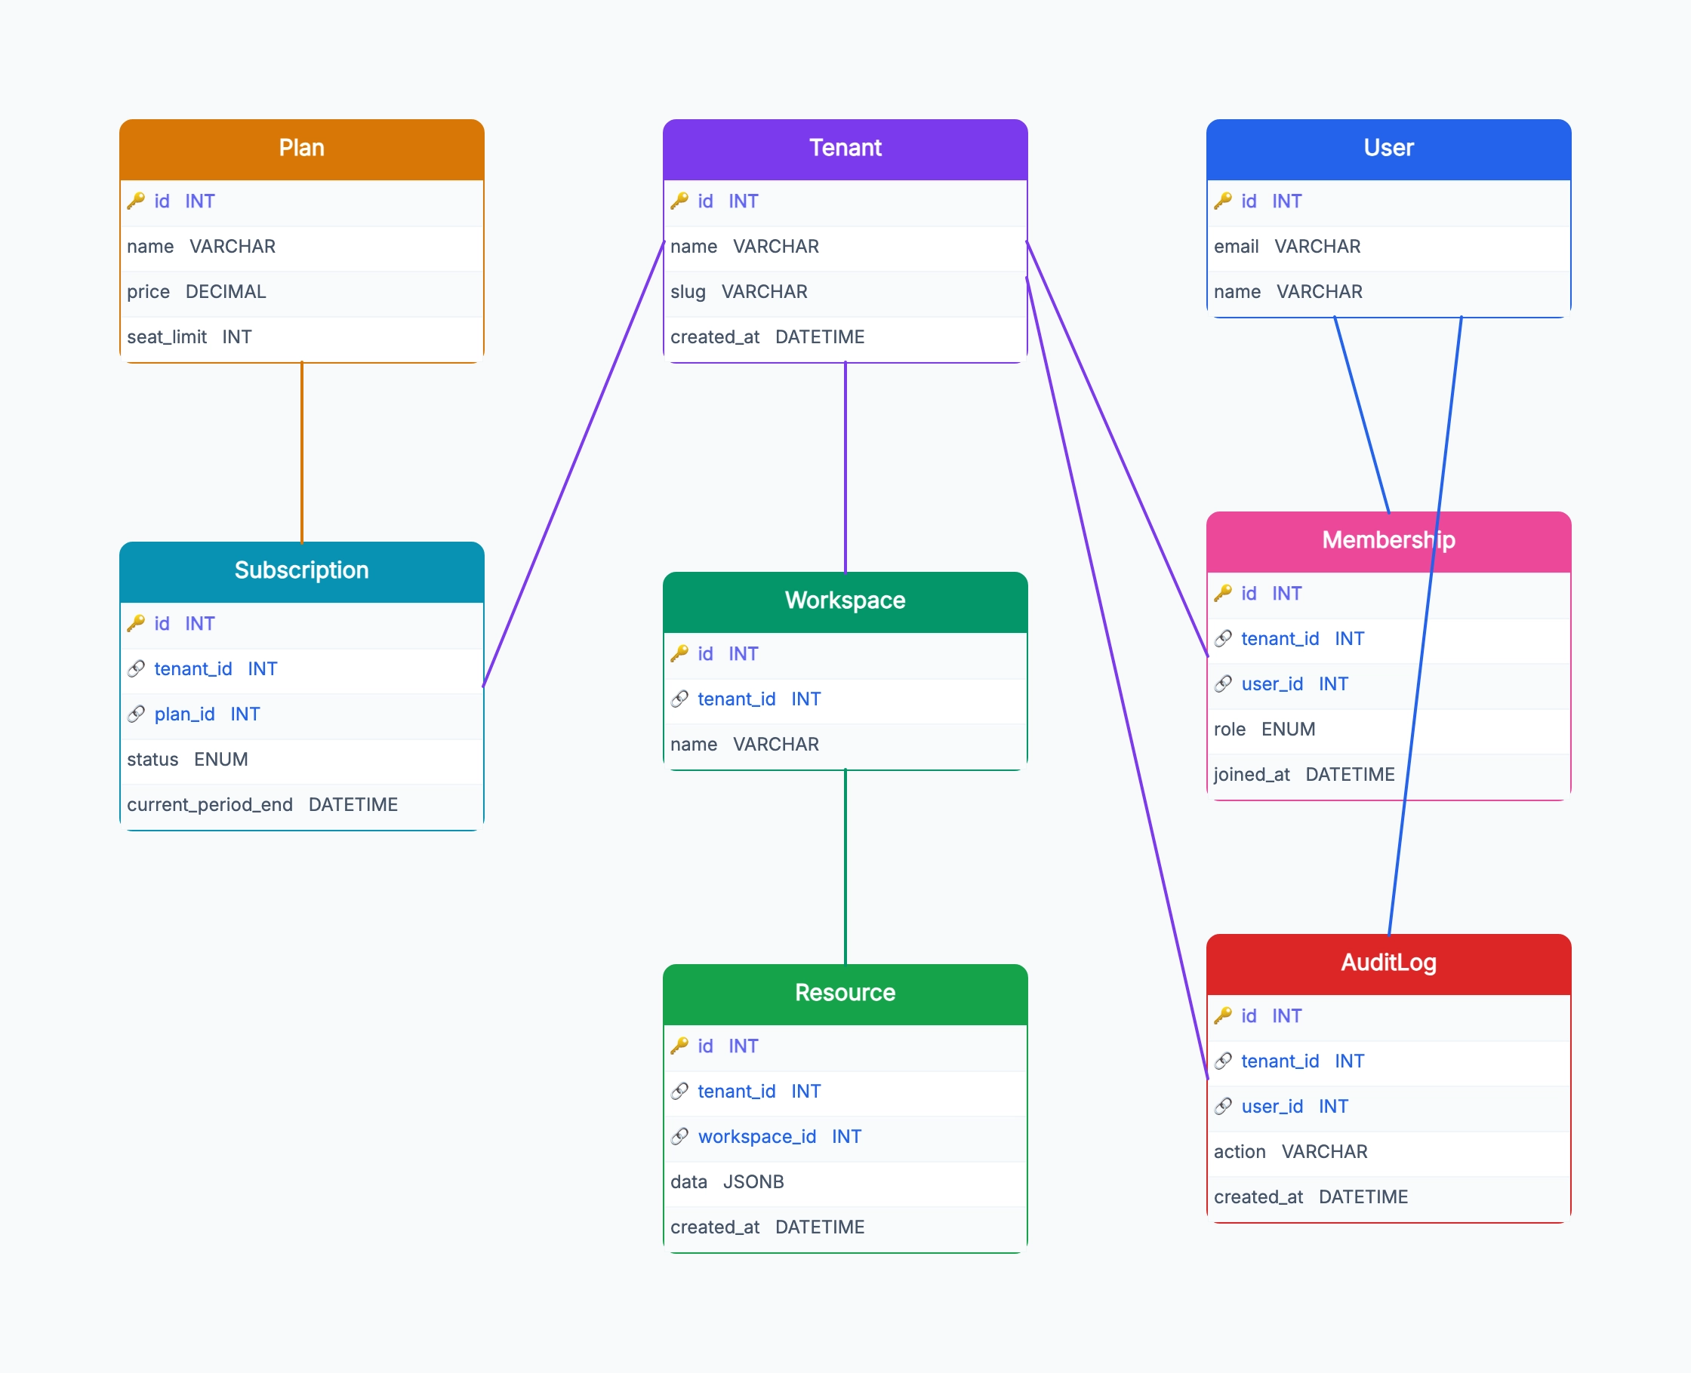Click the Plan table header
point(301,149)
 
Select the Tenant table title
point(845,148)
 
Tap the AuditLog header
point(1389,964)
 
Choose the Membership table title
point(1389,540)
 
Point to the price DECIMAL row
point(301,293)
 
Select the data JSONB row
point(845,1182)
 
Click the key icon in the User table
point(1222,201)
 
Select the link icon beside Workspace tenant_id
point(679,699)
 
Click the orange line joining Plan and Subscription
point(301,453)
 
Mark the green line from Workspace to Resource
point(845,867)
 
